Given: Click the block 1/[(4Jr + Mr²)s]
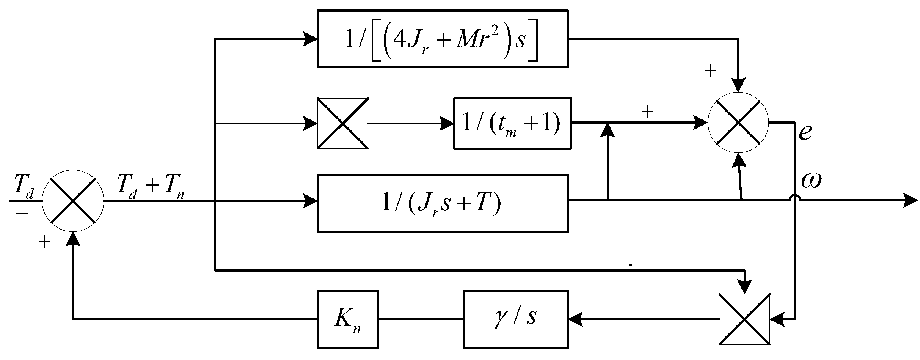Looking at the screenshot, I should point(442,39).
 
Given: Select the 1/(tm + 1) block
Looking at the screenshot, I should point(512,123).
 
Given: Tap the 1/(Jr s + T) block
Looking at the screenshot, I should point(442,203).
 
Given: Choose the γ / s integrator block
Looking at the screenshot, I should point(515,319).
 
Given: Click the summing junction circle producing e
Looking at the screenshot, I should point(738,123).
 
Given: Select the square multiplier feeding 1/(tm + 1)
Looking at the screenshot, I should point(343,123).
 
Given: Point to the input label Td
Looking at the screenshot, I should point(24,186).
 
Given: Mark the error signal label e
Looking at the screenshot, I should point(805,133).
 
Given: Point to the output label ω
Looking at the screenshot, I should point(811,181).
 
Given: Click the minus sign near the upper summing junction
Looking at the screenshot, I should point(716,173).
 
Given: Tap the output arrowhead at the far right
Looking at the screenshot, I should point(910,200).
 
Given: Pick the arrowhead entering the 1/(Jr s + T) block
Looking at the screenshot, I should point(311,200).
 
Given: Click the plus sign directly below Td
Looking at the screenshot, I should point(22,215).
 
